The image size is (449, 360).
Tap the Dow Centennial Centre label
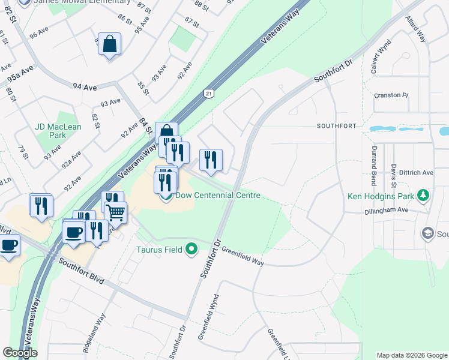point(218,196)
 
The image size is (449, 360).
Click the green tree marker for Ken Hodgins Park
point(424,196)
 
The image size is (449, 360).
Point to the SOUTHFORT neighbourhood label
point(337,126)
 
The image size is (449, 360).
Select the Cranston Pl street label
point(391,95)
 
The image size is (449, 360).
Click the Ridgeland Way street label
point(95,334)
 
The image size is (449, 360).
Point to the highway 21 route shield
point(208,93)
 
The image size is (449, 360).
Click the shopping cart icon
point(115,211)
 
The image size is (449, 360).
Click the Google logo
point(20,353)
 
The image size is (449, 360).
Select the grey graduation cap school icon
point(428,233)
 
